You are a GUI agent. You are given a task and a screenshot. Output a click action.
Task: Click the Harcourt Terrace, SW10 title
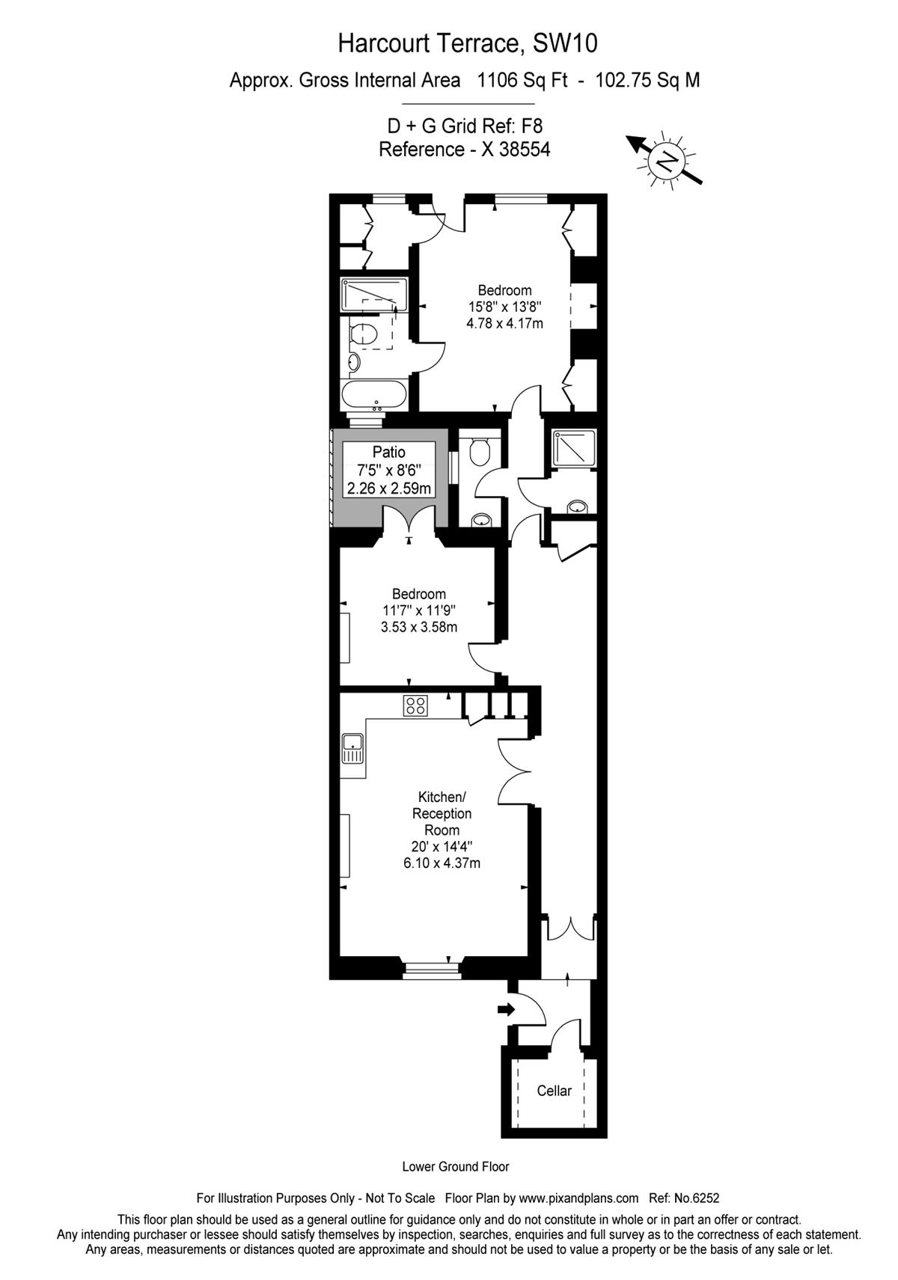tap(467, 43)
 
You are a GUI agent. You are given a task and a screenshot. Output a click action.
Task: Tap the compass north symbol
tap(665, 161)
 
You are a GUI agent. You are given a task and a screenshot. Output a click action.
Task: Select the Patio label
tap(388, 452)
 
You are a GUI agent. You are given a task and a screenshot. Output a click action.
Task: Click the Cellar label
tap(553, 1090)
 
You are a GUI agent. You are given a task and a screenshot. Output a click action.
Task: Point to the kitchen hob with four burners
tap(415, 705)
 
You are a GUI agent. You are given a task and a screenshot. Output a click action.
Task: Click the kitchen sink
tap(352, 749)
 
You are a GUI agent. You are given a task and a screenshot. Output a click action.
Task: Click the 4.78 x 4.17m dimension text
tap(504, 323)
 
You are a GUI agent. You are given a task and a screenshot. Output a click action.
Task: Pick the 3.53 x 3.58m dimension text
tap(418, 627)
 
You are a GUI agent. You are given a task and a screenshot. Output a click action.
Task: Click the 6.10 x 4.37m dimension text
tap(442, 863)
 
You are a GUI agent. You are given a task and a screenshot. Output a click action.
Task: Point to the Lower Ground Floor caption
tap(456, 1166)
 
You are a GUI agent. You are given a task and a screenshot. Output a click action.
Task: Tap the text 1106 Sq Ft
tap(522, 81)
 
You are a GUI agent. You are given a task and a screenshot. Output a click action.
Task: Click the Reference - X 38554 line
tap(465, 150)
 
